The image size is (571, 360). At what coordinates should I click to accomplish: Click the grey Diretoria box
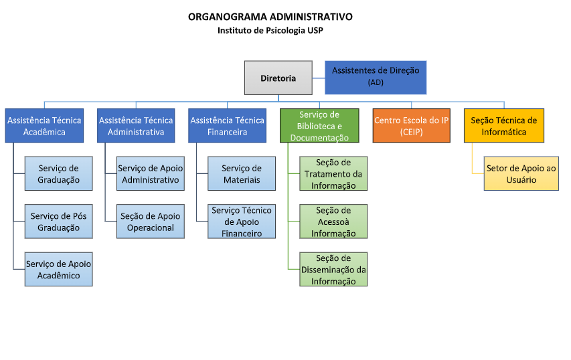coord(278,78)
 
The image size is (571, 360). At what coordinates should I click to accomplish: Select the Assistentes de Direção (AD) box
coord(376,78)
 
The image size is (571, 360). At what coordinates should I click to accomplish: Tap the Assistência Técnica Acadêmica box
coord(44,126)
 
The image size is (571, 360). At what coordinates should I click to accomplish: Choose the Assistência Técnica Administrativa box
coord(136,126)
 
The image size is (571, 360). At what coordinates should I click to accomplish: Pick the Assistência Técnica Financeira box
coord(227,126)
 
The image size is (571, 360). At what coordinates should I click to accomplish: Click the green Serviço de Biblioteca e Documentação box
coord(319,126)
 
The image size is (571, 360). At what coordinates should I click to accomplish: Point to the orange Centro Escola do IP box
coord(412,126)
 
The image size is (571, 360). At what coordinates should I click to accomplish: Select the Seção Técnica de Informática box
coord(504,126)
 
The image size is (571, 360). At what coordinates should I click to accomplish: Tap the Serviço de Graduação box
coord(59,173)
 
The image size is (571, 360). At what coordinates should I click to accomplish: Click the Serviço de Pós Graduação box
coord(59,221)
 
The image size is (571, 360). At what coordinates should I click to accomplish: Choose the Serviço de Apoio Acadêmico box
coord(59,270)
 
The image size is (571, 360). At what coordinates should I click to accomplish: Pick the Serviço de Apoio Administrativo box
coord(151,173)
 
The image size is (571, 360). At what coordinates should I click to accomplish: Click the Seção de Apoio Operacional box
coord(151,221)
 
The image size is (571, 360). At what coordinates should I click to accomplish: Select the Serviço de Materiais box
coord(242,173)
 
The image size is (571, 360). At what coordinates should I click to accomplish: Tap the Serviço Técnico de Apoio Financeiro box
coord(242,221)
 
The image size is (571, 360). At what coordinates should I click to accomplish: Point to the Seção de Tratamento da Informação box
coord(333,173)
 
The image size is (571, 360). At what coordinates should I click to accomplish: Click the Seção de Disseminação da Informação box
coord(333,270)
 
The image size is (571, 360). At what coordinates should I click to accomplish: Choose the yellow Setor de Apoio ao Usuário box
coord(521,173)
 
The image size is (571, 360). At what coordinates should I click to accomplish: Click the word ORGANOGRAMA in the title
coord(228,17)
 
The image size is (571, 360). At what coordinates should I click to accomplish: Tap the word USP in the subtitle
coord(315,30)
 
